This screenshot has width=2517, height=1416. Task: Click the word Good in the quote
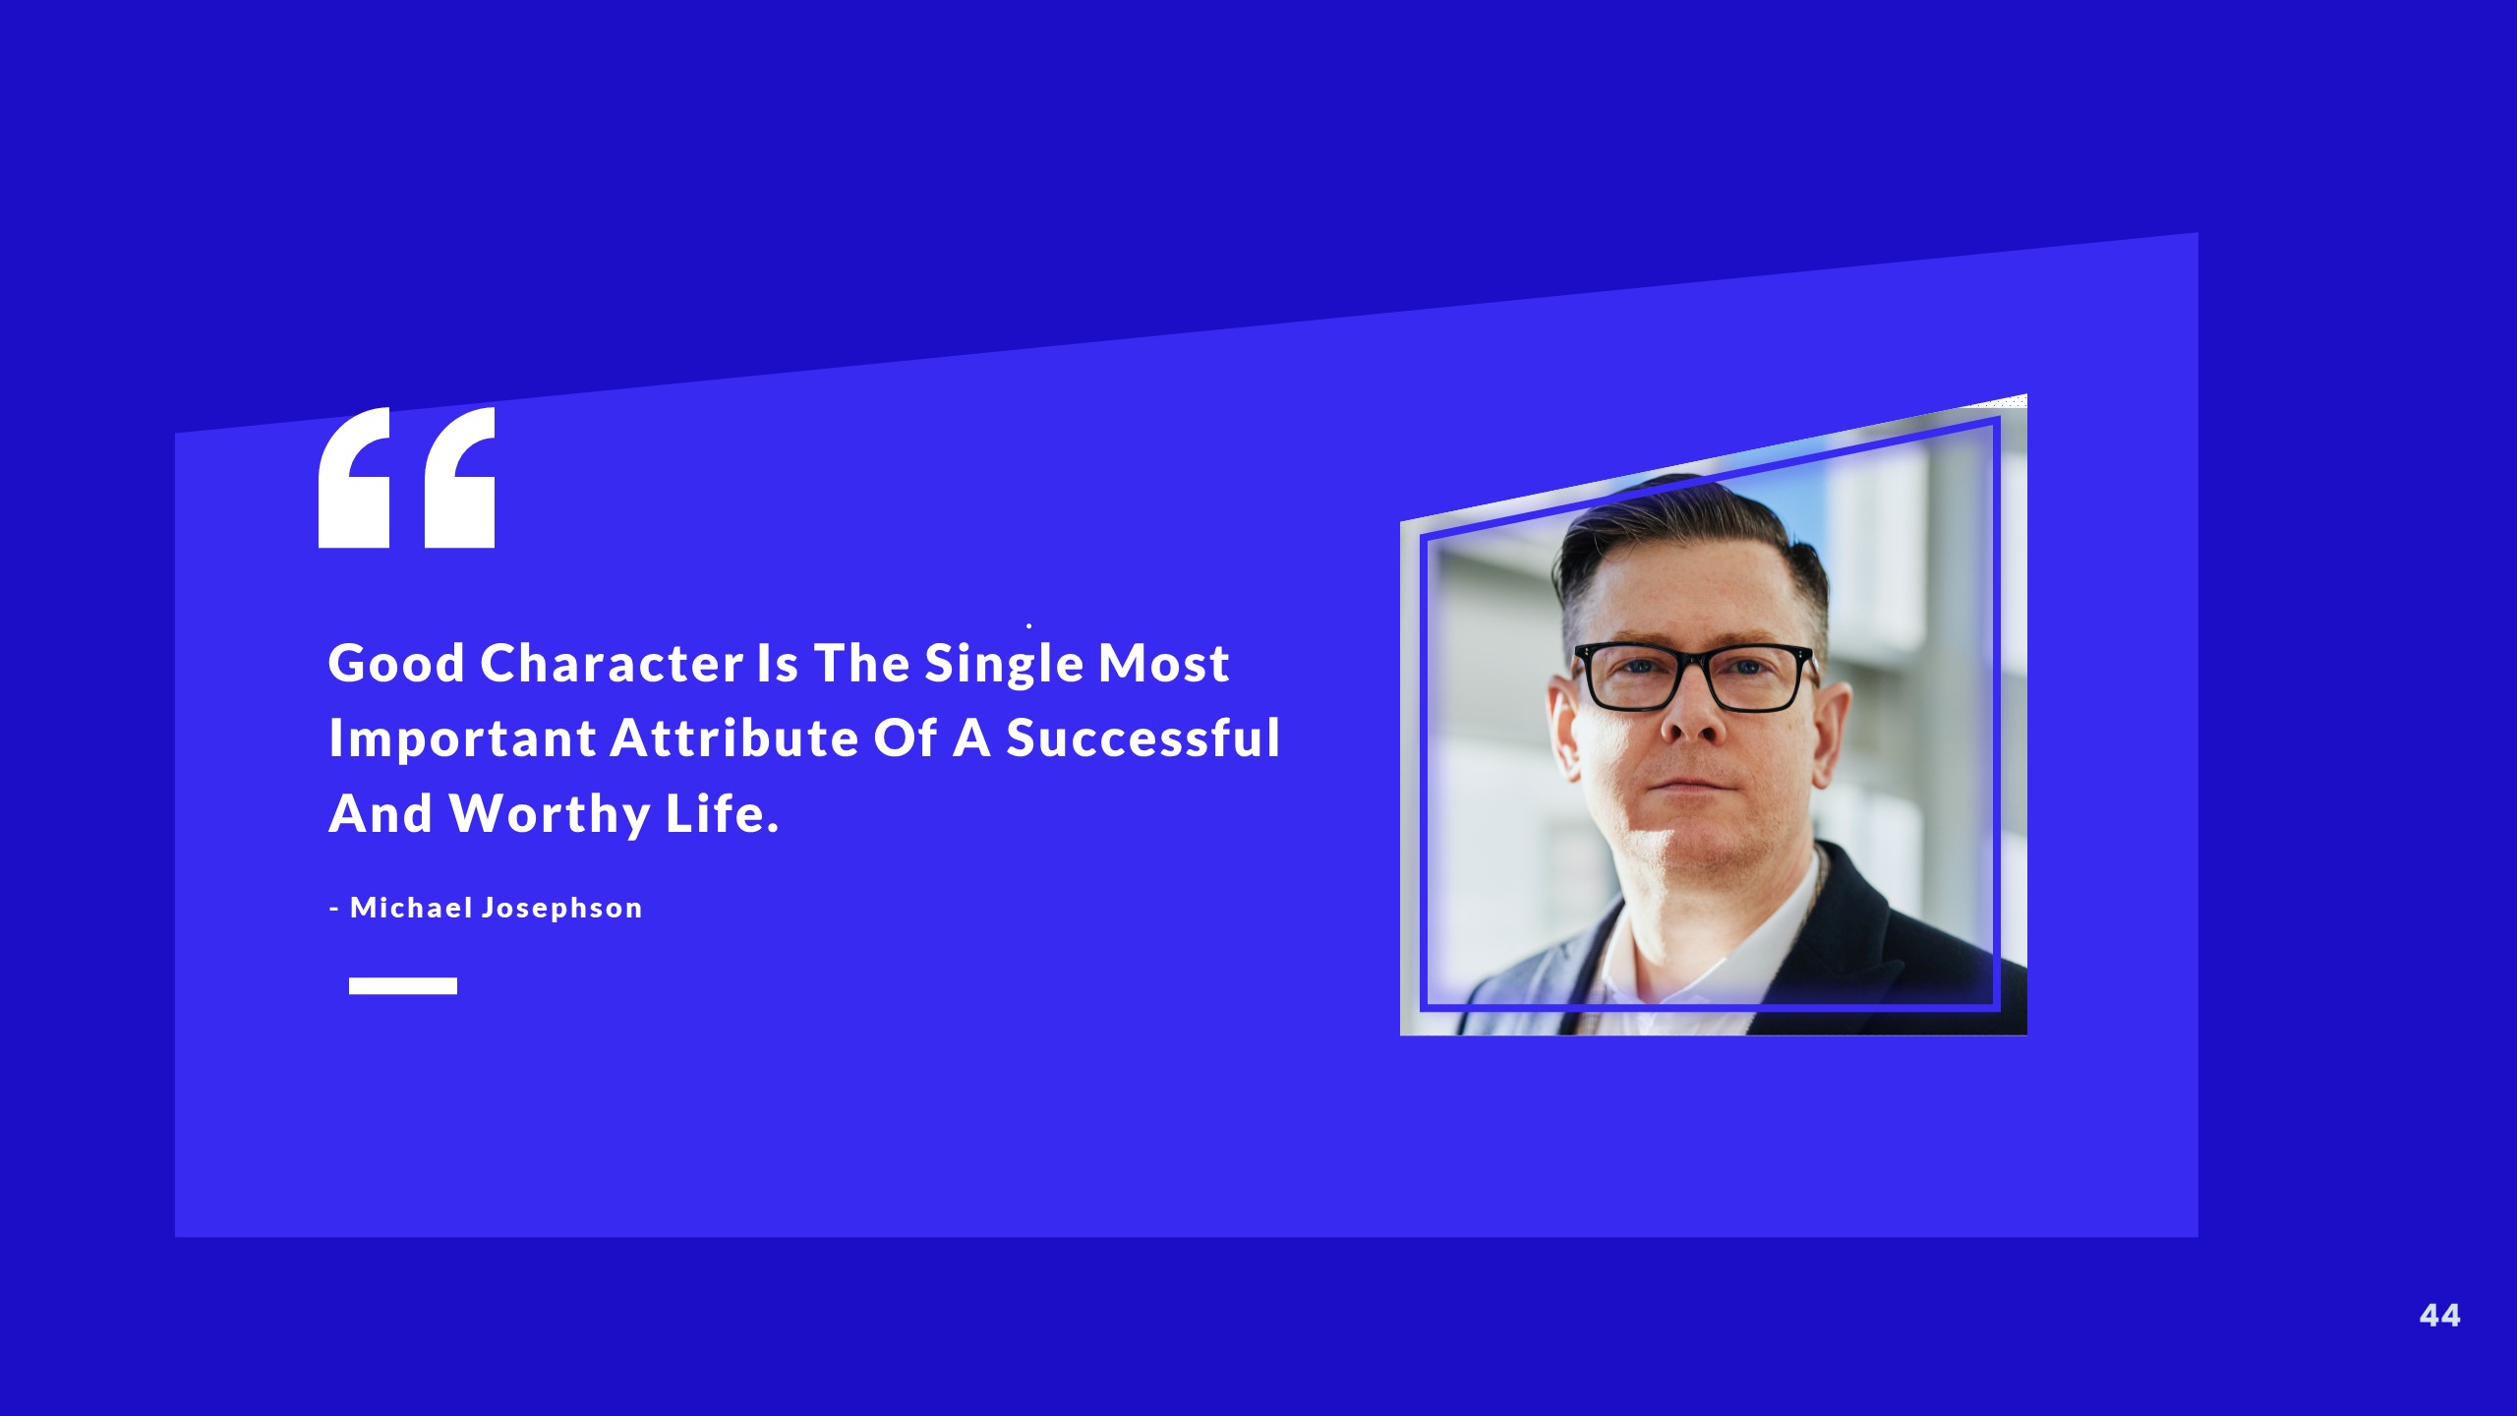(396, 664)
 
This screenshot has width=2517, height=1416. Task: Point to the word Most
(1164, 664)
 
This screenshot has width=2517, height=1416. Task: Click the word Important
(462, 739)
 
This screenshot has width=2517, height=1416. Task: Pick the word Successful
(1143, 738)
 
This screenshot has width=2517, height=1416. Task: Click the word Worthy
(550, 815)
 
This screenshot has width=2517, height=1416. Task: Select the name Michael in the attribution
(411, 908)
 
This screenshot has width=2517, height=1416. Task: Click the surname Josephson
(561, 909)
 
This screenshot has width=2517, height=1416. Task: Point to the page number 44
(2439, 1316)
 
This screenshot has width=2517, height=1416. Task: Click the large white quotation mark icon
(406, 478)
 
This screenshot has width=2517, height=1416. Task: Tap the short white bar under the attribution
(403, 985)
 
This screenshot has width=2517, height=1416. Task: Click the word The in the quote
(861, 664)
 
